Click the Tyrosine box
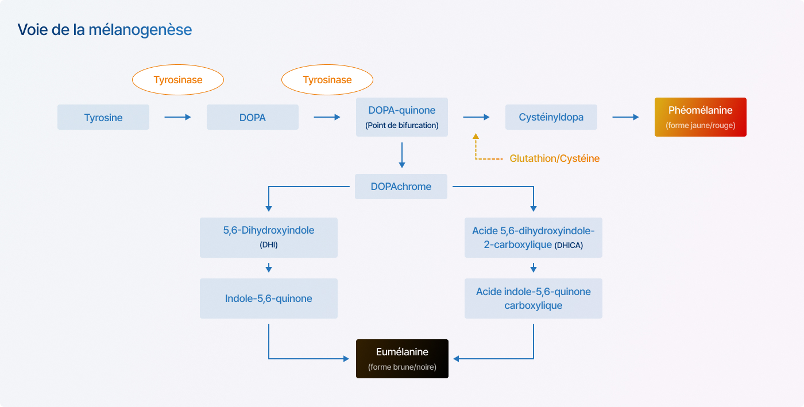(x=103, y=117)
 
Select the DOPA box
(x=253, y=117)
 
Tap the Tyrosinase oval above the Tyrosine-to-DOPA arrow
(x=178, y=80)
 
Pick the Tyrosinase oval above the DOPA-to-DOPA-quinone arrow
(x=327, y=80)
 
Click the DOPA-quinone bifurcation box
(x=402, y=117)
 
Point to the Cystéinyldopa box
(x=551, y=117)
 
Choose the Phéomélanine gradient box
(x=701, y=117)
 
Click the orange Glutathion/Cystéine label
(x=555, y=158)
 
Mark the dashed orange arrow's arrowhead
(x=476, y=136)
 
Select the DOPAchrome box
(x=401, y=187)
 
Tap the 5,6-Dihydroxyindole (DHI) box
(x=269, y=238)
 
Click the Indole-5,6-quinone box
(x=269, y=299)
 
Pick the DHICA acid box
(x=534, y=238)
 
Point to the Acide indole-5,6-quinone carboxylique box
(x=534, y=299)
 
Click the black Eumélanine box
(x=402, y=359)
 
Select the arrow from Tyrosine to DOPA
(x=177, y=117)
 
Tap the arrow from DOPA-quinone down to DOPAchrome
(x=402, y=155)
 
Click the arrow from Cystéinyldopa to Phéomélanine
(x=625, y=117)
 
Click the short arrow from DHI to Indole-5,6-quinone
(x=269, y=268)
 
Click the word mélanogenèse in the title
(x=140, y=29)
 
